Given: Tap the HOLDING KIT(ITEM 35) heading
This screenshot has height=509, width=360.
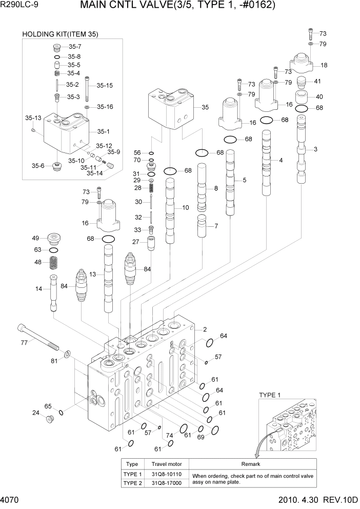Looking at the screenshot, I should pyautogui.click(x=60, y=34).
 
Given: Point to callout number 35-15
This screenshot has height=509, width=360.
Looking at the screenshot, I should pyautogui.click(x=105, y=86).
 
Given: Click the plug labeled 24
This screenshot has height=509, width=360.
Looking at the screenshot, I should pyautogui.click(x=50, y=419).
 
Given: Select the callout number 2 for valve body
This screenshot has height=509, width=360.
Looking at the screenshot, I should pyautogui.click(x=205, y=329).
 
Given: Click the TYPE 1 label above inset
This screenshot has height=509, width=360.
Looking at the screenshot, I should pyautogui.click(x=270, y=395).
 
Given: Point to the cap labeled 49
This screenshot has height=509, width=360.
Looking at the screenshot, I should pyautogui.click(x=53, y=238).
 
